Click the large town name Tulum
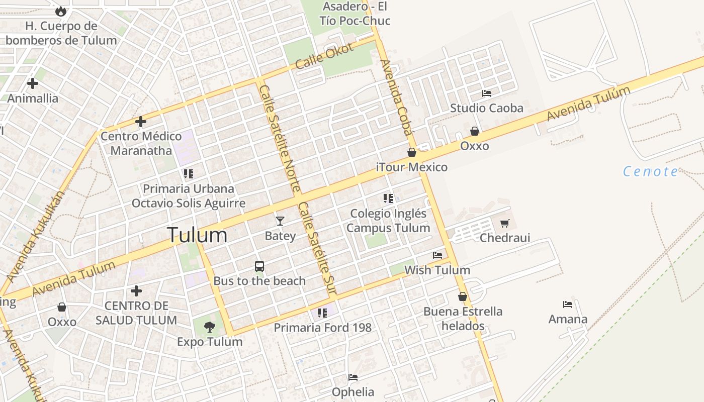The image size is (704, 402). point(197,235)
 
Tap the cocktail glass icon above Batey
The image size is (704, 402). point(280,221)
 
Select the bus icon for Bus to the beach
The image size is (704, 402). point(259,266)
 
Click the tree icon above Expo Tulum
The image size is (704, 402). point(209,327)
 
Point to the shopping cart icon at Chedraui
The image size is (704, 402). point(505,223)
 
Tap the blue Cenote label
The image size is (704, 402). point(650,172)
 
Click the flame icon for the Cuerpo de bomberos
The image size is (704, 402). point(61,11)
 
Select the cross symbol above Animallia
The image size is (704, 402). point(33,83)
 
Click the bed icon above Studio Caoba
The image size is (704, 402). point(486,93)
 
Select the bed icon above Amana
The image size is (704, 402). point(568,305)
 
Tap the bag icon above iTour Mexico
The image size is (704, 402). point(412,152)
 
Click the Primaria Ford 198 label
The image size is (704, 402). point(322,328)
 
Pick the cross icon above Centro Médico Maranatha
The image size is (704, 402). point(141,122)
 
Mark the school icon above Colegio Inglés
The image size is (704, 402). point(388,198)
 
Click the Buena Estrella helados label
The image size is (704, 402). point(463,319)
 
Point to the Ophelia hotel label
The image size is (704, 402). point(353,392)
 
